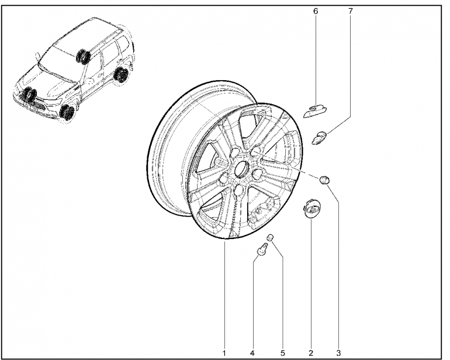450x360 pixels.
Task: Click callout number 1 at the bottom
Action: coord(224,353)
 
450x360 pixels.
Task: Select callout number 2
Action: coord(311,353)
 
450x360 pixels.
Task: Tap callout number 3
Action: coord(338,353)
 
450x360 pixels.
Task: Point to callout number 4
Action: coord(252,353)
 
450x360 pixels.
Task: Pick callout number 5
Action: coord(283,353)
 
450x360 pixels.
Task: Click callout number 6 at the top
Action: coord(316,11)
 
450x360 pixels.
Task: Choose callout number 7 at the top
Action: coord(351,11)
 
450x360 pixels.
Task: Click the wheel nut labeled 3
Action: coord(324,180)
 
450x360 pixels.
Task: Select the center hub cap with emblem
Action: coord(312,209)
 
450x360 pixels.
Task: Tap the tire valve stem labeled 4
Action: coord(262,249)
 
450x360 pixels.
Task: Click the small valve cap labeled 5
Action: coord(270,237)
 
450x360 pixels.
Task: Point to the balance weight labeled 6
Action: coord(316,110)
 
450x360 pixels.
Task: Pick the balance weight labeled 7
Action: coord(320,137)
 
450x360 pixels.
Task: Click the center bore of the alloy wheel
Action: coord(241,168)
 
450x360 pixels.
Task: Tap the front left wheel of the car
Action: coord(68,112)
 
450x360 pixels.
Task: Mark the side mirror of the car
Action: coord(37,56)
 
